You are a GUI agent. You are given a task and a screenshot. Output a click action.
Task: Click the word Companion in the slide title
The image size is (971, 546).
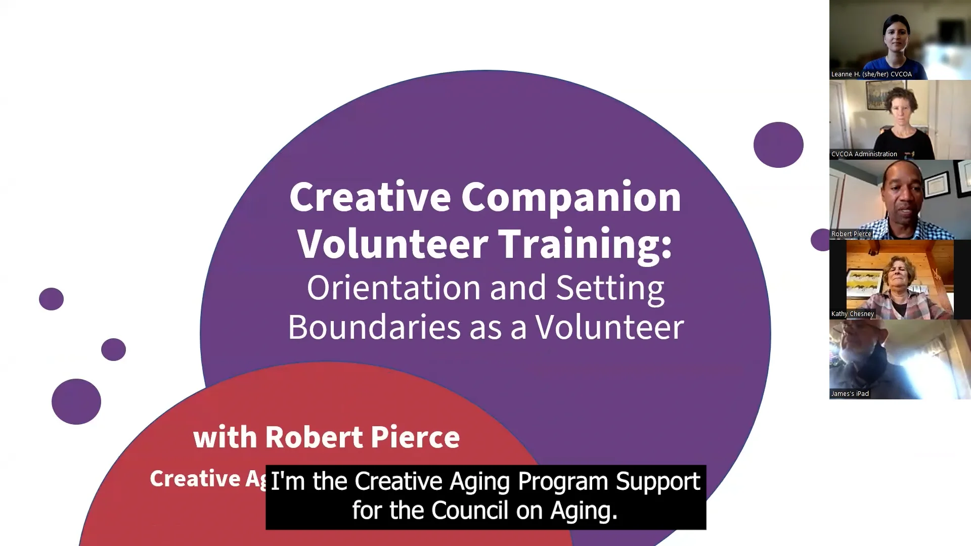(x=571, y=198)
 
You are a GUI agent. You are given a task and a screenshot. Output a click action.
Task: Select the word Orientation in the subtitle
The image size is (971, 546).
(x=394, y=288)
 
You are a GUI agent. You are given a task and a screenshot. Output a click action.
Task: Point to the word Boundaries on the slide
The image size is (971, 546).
(x=374, y=327)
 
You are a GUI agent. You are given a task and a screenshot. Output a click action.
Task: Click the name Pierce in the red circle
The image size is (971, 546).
(x=415, y=437)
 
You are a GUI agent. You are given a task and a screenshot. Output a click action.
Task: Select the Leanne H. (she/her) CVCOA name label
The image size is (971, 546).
(x=871, y=74)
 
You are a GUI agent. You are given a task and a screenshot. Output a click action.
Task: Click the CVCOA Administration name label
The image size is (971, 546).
(x=864, y=154)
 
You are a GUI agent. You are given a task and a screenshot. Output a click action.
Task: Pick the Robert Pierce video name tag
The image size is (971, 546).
(x=851, y=234)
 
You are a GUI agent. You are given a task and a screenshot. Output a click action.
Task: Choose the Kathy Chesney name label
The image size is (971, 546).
(x=852, y=314)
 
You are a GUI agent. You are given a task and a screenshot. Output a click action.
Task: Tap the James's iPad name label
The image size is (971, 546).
(x=850, y=394)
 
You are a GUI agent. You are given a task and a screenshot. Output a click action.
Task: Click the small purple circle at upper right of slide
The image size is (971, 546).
(x=778, y=145)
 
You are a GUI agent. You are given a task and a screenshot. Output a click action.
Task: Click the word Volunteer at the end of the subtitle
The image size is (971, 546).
(x=609, y=327)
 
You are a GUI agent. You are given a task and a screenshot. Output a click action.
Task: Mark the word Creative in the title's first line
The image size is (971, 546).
(x=370, y=198)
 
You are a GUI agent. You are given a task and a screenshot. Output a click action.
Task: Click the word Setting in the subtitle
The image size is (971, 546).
(x=610, y=288)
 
